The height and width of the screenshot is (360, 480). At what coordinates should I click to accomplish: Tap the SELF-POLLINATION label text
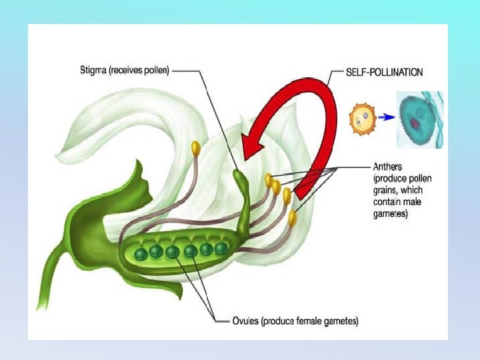tap(383, 71)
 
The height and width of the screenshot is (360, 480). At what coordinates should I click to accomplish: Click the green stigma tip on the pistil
tap(239, 176)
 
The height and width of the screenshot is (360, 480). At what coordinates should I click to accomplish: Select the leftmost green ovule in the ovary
tap(141, 254)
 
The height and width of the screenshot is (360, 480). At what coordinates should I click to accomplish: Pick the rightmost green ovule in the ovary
tap(221, 249)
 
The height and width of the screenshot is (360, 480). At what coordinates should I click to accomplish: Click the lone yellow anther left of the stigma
tap(196, 147)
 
